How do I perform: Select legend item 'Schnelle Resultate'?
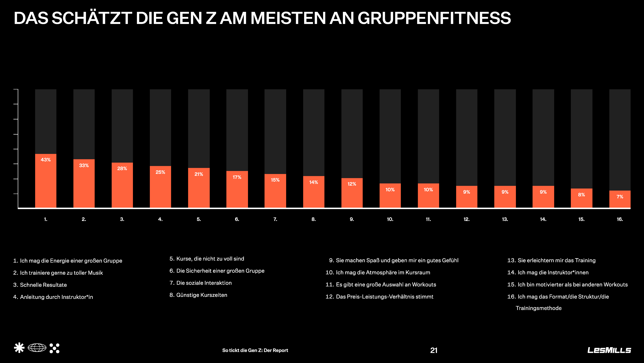coord(43,285)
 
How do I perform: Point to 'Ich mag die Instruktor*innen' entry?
coord(553,272)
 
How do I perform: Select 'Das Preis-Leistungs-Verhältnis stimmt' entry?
coord(385,297)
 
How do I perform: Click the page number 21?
coord(434,350)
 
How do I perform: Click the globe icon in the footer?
coord(37,348)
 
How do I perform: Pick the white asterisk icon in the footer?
coord(19,348)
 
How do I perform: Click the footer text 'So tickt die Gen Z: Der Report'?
coord(255,350)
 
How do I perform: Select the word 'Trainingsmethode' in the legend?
coord(538,308)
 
